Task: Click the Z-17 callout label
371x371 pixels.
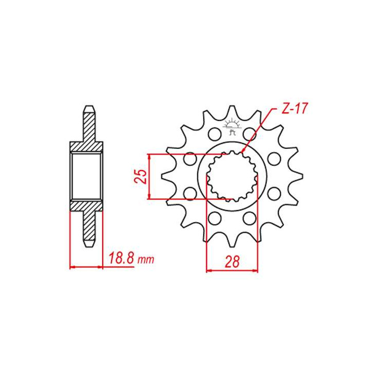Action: (x=294, y=109)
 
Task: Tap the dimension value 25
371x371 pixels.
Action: (x=141, y=177)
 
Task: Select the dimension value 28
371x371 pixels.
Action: (x=232, y=261)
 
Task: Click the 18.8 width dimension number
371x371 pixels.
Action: (x=122, y=258)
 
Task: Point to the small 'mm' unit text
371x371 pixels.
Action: (x=146, y=260)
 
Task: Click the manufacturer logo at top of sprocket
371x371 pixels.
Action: (x=232, y=126)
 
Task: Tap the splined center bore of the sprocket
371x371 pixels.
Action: (x=232, y=176)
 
